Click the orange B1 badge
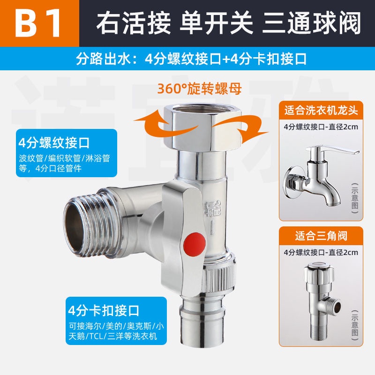[x=39, y=23]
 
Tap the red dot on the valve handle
[x=194, y=244]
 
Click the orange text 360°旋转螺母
[x=199, y=89]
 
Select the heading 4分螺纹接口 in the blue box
[x=54, y=143]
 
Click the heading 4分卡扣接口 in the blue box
[x=104, y=311]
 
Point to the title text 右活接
[x=134, y=23]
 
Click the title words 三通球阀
[x=311, y=23]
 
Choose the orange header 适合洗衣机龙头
[x=321, y=111]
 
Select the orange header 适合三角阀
[x=321, y=236]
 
